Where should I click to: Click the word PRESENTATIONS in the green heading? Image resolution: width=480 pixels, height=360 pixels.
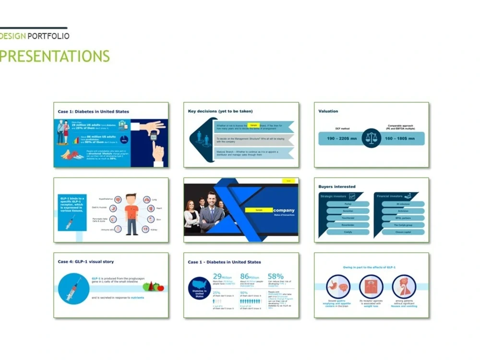tap(55, 56)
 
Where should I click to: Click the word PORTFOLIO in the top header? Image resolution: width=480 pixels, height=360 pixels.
tap(48, 36)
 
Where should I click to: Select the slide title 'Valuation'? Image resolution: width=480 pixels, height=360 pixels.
tap(328, 111)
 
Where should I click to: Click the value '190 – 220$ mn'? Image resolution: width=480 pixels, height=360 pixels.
tap(339, 139)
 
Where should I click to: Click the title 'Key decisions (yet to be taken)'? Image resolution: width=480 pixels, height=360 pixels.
tap(220, 111)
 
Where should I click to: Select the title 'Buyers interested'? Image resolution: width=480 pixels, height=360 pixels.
tap(337, 187)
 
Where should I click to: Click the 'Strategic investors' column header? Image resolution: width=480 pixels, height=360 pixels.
tap(334, 196)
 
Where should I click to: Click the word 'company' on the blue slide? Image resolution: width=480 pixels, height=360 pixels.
tap(284, 210)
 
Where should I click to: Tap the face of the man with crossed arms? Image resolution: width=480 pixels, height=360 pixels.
tap(212, 198)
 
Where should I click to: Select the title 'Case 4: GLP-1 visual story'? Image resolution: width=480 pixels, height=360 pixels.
tap(86, 262)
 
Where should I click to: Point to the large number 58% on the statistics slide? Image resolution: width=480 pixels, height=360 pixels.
tap(276, 276)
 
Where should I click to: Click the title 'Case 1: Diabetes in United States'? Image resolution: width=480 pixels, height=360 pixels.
tap(93, 112)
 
